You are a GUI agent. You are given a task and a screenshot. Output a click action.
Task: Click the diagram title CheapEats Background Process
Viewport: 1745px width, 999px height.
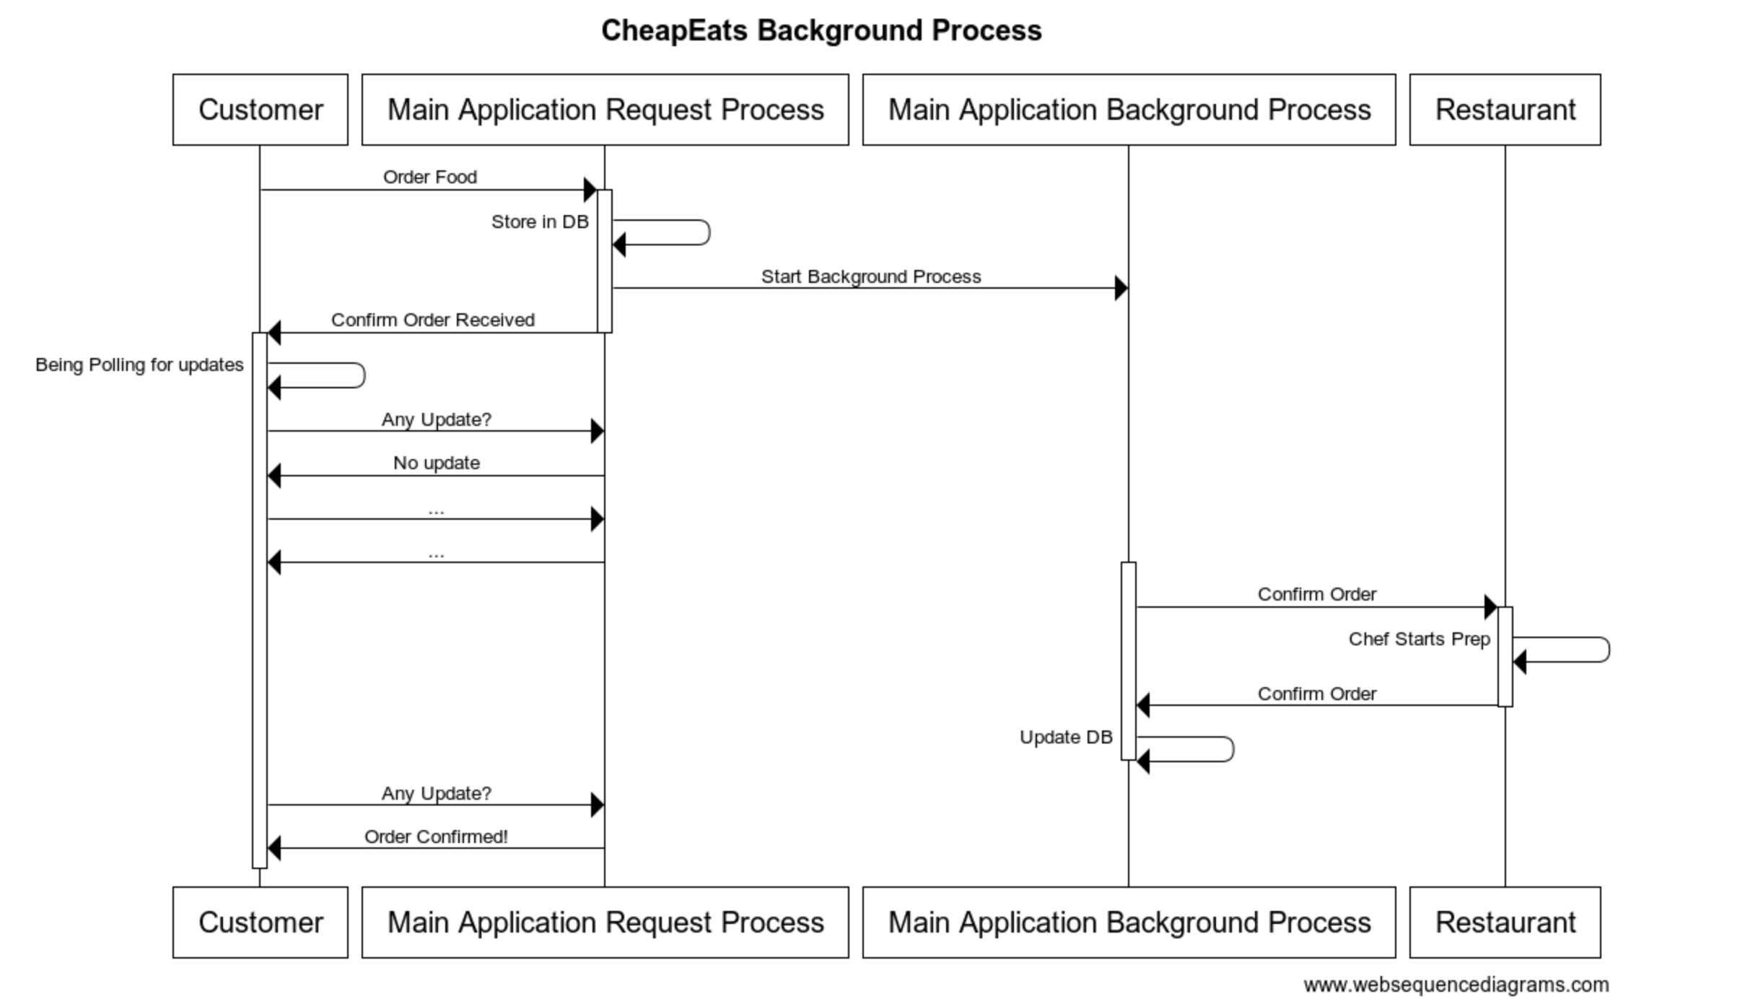pos(821,30)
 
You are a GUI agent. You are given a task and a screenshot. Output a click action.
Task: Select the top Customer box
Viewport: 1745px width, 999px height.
pos(260,110)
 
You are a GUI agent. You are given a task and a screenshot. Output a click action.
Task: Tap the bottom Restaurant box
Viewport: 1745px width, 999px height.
pos(1505,922)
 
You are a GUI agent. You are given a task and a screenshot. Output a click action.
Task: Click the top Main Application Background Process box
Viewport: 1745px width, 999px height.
pos(1129,110)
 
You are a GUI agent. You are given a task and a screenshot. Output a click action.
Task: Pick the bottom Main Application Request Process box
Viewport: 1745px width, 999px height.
pos(605,922)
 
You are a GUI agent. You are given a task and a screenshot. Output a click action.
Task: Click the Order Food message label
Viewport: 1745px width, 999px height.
pos(429,177)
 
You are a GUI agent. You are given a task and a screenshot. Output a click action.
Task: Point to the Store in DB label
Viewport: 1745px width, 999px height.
pos(539,222)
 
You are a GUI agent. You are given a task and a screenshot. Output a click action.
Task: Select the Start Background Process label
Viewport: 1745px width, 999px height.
pos(870,276)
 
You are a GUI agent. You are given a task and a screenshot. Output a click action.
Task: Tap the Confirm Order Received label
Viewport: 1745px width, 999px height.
pos(432,320)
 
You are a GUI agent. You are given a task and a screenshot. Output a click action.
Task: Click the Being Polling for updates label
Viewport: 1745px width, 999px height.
pos(139,365)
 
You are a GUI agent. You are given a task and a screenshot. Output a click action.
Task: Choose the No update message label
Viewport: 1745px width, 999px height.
pos(436,463)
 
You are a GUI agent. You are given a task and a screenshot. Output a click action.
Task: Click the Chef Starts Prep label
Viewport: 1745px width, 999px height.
pos(1419,639)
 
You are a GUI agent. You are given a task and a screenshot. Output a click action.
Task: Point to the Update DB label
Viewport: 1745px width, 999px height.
pos(1065,737)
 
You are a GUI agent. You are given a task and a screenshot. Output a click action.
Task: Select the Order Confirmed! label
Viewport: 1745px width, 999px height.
pos(435,837)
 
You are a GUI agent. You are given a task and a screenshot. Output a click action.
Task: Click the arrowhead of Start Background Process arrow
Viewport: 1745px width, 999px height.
pos(1121,288)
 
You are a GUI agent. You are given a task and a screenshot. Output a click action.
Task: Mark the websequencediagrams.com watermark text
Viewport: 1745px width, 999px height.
pos(1456,985)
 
